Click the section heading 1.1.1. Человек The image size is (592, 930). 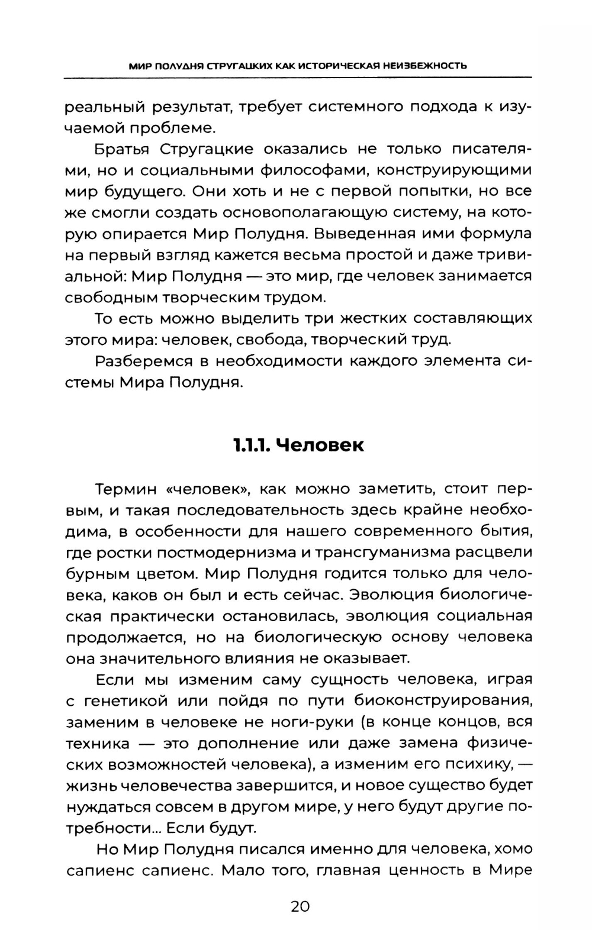pyautogui.click(x=298, y=445)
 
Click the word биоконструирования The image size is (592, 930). pyautogui.click(x=443, y=701)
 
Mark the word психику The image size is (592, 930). pyautogui.click(x=478, y=765)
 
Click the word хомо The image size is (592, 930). pyautogui.click(x=513, y=850)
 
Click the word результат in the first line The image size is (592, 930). pyautogui.click(x=182, y=107)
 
